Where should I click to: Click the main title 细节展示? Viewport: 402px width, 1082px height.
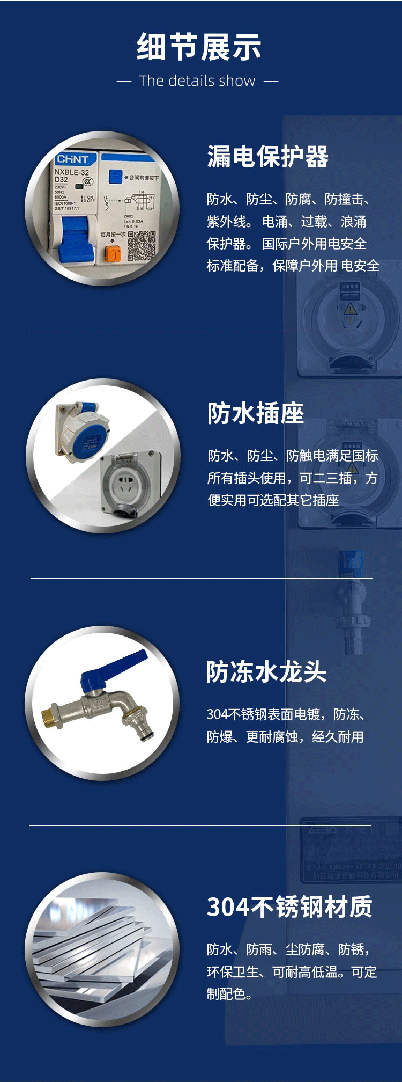199,47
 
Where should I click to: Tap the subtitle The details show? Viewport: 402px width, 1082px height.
197,81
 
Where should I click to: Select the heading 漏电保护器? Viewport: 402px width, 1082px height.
267,157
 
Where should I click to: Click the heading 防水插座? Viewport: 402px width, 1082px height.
256,414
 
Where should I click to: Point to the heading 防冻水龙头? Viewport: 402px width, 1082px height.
266,672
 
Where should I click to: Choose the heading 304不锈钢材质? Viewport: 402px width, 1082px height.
289,908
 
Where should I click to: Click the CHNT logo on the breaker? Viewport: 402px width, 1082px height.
72,159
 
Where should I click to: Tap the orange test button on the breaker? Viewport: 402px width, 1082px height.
113,254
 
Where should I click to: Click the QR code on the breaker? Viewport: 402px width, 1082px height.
142,246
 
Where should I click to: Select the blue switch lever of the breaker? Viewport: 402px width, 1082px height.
75,239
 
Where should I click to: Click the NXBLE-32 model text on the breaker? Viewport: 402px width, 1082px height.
71,172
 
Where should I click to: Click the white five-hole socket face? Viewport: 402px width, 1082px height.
126,482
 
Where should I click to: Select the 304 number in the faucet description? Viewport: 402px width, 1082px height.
217,715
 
